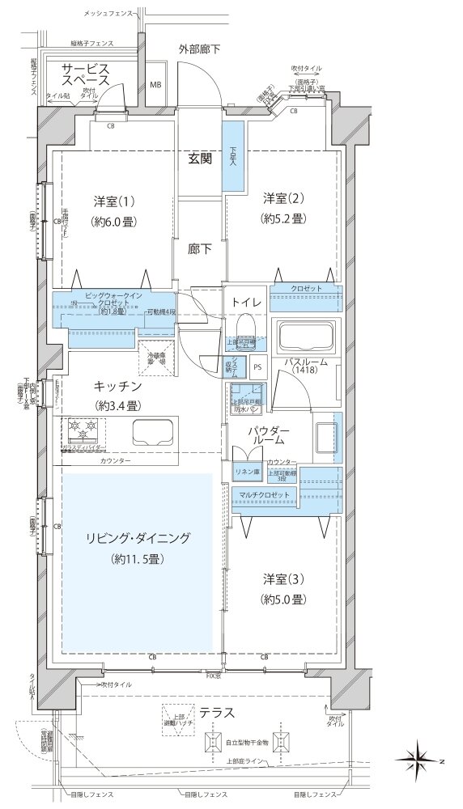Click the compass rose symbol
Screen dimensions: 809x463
tap(423, 758)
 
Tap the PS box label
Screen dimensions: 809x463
tap(257, 366)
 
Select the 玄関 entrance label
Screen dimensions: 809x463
tap(201, 159)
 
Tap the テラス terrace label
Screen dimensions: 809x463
tap(219, 713)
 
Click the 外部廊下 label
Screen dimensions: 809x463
tap(199, 50)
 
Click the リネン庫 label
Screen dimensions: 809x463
tap(246, 472)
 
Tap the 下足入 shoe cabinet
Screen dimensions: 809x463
tap(234, 156)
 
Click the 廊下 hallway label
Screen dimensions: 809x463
tap(200, 250)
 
